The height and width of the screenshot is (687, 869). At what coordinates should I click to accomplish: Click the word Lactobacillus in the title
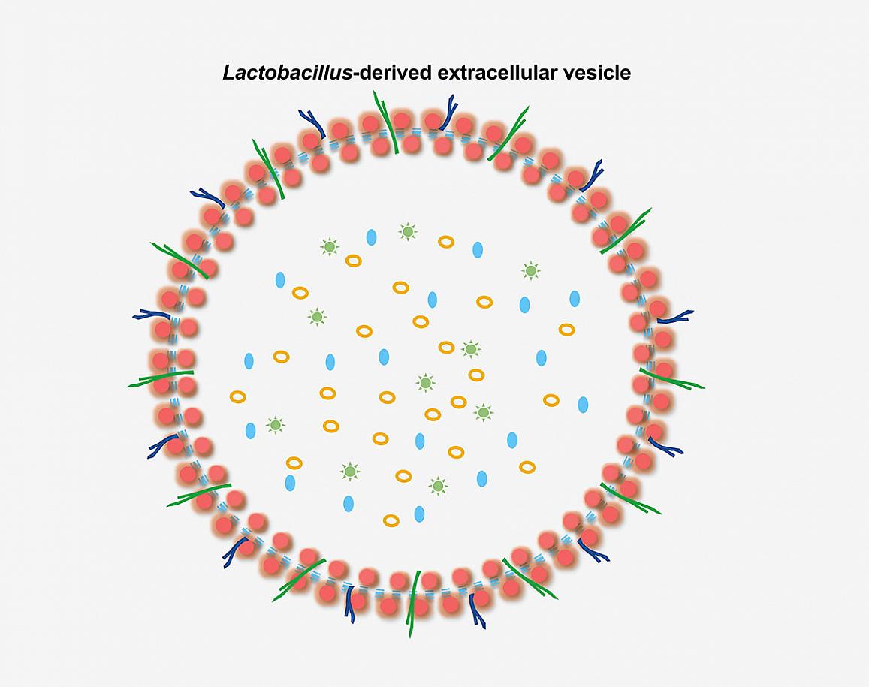287,73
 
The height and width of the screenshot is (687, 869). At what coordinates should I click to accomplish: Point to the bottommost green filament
413,604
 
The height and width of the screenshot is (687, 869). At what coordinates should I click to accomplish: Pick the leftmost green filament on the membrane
160,378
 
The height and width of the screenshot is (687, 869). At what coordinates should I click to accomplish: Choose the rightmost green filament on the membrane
671,378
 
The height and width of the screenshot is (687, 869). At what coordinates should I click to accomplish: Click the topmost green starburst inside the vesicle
408,231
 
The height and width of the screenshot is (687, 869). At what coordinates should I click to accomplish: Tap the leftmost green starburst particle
275,426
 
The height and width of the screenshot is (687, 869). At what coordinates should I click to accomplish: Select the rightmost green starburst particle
531,271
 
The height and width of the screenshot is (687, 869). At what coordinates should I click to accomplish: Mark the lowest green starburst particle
438,486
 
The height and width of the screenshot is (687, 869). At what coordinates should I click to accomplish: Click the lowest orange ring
391,521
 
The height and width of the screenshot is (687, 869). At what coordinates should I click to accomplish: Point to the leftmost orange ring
238,396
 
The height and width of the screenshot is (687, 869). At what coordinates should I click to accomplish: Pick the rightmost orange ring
566,330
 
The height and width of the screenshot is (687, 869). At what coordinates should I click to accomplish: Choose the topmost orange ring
446,242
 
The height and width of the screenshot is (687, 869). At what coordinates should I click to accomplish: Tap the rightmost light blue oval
583,405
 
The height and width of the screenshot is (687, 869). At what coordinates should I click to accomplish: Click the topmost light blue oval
371,237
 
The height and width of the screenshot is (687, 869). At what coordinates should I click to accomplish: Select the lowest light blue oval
420,514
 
